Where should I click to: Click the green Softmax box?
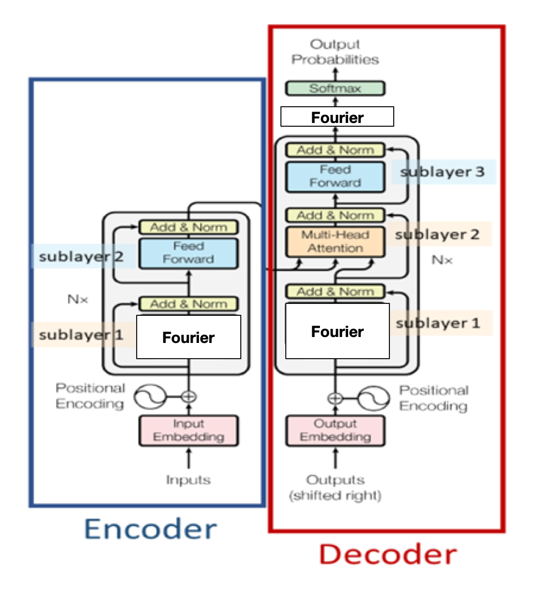tap(335, 88)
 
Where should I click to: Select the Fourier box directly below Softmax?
tap(337, 117)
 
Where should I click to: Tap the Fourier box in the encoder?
tap(188, 337)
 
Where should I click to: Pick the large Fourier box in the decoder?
tap(337, 331)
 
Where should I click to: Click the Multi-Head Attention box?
tap(335, 242)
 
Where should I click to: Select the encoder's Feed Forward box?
tap(188, 253)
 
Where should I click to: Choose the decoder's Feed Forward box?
tap(335, 177)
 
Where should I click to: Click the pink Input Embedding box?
tap(188, 430)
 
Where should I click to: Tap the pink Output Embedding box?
tap(335, 430)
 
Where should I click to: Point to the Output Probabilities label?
tap(335, 52)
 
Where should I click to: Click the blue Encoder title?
tap(151, 529)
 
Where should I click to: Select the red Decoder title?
tap(387, 555)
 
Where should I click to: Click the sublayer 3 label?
tap(442, 172)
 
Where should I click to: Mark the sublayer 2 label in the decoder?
tap(437, 235)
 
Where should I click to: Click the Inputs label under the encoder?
tap(188, 480)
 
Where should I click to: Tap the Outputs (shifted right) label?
tap(335, 487)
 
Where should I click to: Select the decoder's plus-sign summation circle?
tap(335, 398)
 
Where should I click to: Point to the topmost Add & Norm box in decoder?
tap(335, 150)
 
